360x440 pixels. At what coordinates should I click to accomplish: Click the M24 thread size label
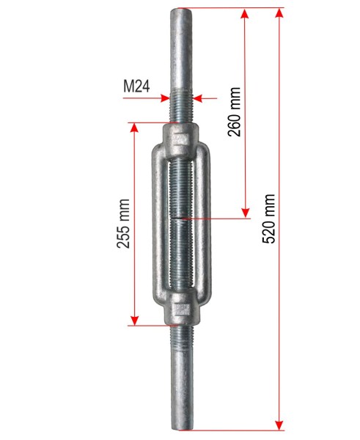[x=136, y=87]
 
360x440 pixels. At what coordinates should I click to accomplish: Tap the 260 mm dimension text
[x=234, y=111]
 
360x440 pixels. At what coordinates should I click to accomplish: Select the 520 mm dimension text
[x=268, y=219]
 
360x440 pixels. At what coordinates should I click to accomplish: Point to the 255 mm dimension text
[x=123, y=224]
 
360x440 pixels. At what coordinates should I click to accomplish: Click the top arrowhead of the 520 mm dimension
[x=279, y=13]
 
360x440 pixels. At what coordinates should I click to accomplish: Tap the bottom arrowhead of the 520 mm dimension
[x=279, y=425]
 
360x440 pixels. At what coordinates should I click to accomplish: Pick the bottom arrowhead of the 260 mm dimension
[x=246, y=213]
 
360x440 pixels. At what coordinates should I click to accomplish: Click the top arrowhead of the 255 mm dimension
[x=135, y=128]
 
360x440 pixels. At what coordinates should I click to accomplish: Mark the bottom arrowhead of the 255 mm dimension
[x=135, y=320]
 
